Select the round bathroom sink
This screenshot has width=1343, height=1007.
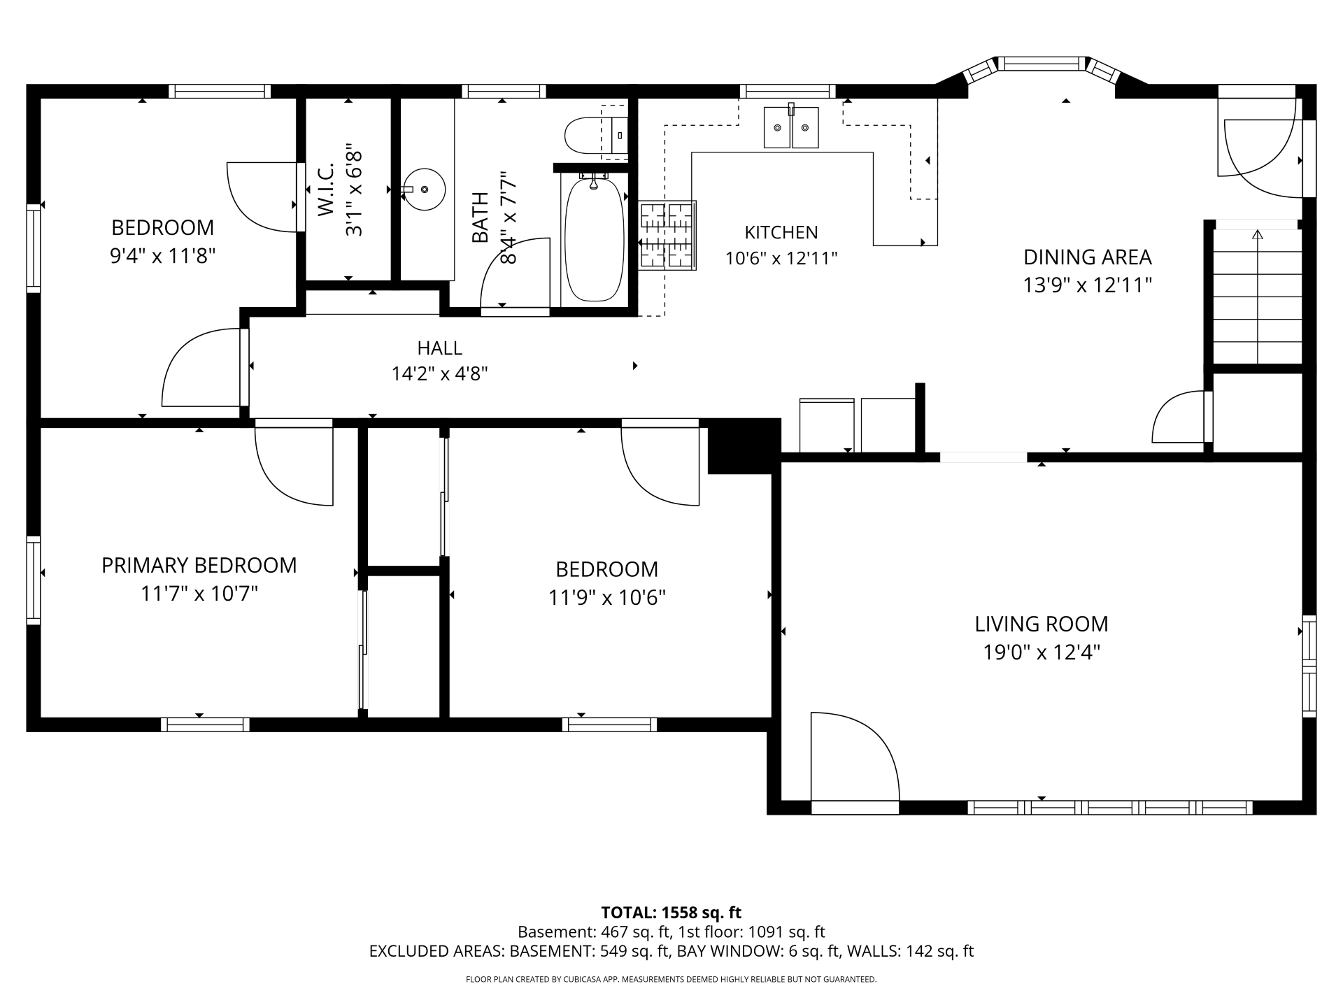(424, 190)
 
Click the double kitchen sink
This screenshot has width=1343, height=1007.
(790, 127)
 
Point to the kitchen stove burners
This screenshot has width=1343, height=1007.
(667, 235)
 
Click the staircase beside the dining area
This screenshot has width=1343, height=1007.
(1257, 296)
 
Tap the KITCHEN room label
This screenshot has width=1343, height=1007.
(781, 232)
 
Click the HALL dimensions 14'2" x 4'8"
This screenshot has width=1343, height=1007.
(439, 374)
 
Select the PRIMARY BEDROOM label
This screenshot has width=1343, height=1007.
(199, 565)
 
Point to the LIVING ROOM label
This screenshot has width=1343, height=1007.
(1042, 624)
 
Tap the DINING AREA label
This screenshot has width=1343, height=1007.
(1087, 257)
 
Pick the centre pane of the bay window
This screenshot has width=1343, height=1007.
(1042, 64)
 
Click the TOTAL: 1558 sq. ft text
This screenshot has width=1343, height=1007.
(671, 913)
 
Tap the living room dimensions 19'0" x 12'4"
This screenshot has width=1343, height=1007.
(1042, 652)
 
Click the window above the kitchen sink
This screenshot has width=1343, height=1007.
(788, 91)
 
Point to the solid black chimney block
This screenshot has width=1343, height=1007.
(744, 446)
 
